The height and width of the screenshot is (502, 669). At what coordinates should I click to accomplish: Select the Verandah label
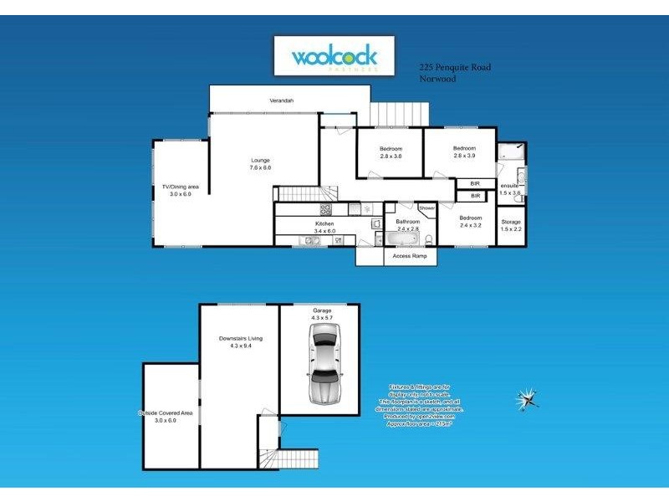[281, 100]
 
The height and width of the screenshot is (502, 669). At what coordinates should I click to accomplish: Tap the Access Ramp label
[410, 256]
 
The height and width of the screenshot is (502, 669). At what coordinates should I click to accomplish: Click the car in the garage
[323, 364]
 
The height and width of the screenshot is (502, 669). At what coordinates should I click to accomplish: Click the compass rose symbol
[528, 398]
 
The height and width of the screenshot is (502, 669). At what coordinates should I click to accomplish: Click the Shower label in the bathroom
[426, 207]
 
